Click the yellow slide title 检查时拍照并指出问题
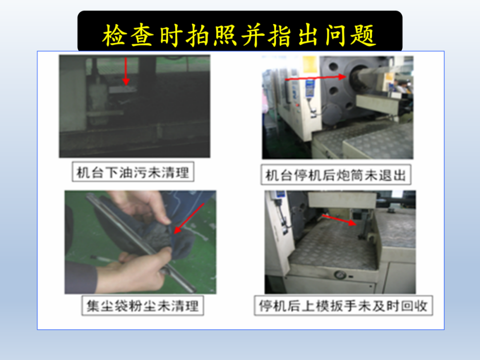(x=239, y=36)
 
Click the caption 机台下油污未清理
(x=133, y=172)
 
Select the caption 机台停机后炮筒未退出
(x=336, y=176)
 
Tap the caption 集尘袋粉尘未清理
(x=142, y=306)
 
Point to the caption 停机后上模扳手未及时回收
(x=343, y=305)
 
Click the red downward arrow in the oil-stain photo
(x=126, y=71)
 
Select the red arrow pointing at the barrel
(x=316, y=78)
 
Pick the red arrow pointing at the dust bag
(x=188, y=218)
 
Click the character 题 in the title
(x=363, y=36)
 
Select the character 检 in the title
(x=114, y=36)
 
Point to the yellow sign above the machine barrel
(x=310, y=64)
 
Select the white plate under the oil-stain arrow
(x=123, y=89)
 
